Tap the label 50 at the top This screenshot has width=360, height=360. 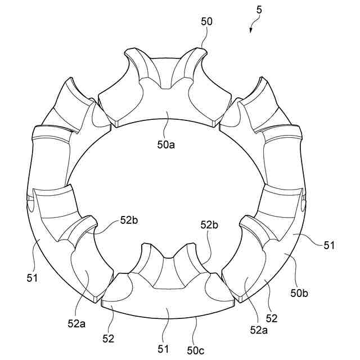click(x=206, y=21)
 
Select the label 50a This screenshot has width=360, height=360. click(x=165, y=145)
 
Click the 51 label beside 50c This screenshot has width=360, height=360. click(x=164, y=349)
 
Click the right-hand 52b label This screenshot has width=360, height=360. click(x=209, y=225)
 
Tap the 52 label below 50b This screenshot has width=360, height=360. click(x=271, y=318)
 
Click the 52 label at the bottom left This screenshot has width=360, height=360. click(x=109, y=339)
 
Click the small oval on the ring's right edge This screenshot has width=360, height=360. click(x=304, y=201)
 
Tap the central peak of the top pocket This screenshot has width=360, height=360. click(x=166, y=86)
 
